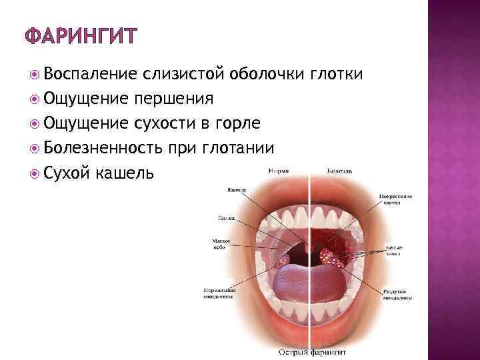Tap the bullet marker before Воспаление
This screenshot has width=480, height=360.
tap(35, 74)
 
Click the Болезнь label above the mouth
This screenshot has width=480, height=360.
tap(340, 171)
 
